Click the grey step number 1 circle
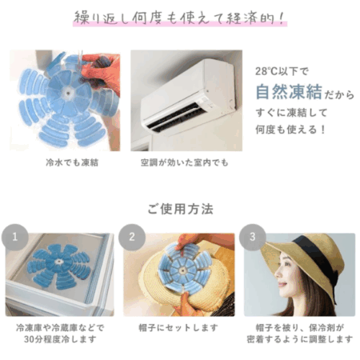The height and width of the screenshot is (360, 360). (x=15, y=237)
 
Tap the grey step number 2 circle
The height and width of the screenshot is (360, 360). (x=132, y=237)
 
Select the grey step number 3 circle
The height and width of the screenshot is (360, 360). (x=252, y=237)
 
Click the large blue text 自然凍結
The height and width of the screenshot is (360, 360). (x=289, y=92)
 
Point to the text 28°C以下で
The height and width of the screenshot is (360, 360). (x=282, y=71)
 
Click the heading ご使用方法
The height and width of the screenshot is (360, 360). (x=180, y=209)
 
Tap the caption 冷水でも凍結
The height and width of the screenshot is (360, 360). (x=72, y=162)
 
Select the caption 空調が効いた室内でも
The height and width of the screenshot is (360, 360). (x=185, y=162)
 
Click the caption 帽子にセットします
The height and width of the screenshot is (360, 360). (x=178, y=328)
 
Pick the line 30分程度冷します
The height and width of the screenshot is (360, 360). (x=60, y=339)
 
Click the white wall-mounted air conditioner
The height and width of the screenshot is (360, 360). (x=188, y=95)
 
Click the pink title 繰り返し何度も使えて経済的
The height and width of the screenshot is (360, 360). (x=180, y=18)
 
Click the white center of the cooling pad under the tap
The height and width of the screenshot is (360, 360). (x=68, y=93)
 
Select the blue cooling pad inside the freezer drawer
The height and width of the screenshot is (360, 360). (x=59, y=266)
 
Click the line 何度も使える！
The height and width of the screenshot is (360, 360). (x=290, y=130)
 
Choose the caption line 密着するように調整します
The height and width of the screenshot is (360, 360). (x=300, y=339)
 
